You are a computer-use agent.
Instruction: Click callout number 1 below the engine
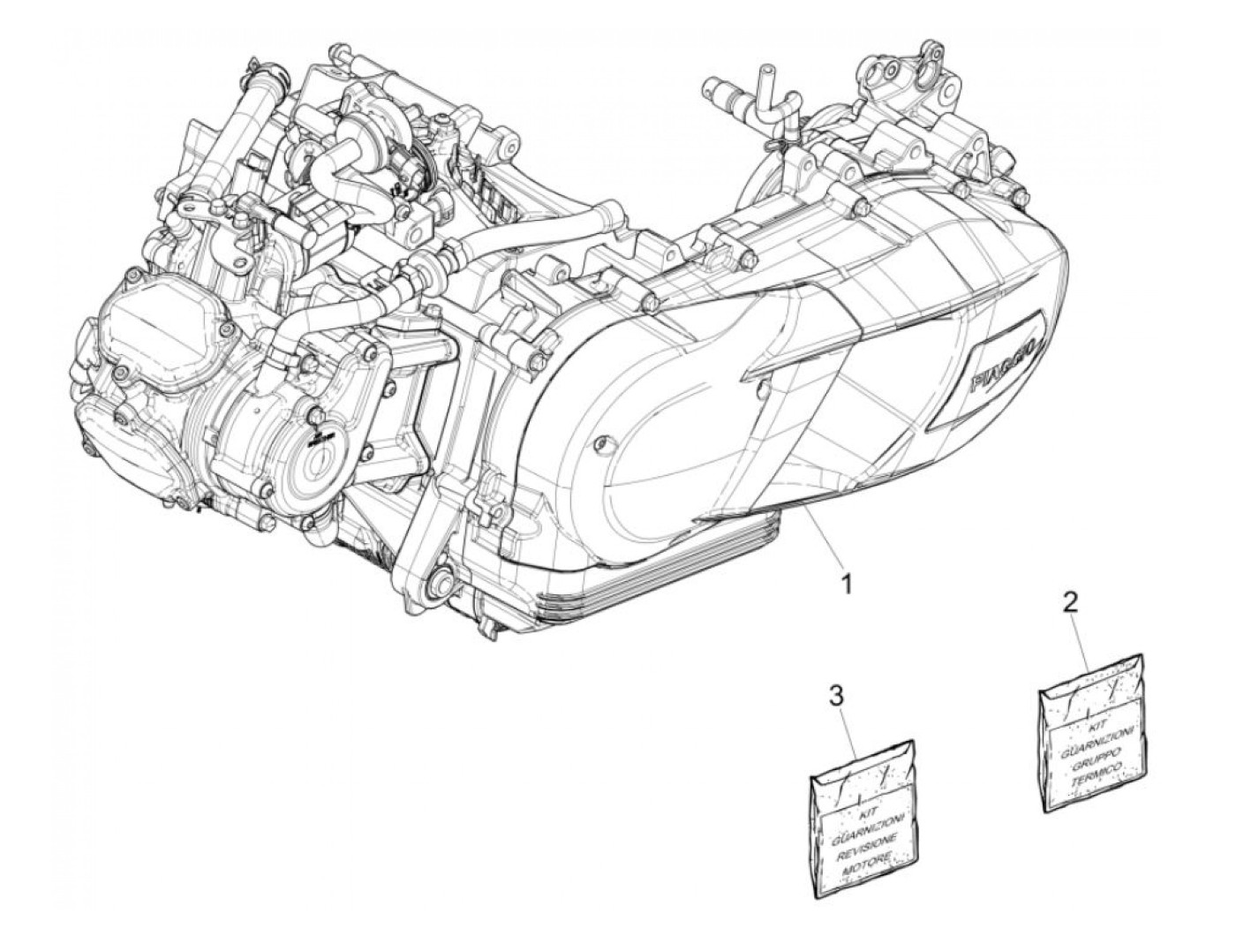tap(845, 584)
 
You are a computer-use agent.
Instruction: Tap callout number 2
tap(1069, 602)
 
